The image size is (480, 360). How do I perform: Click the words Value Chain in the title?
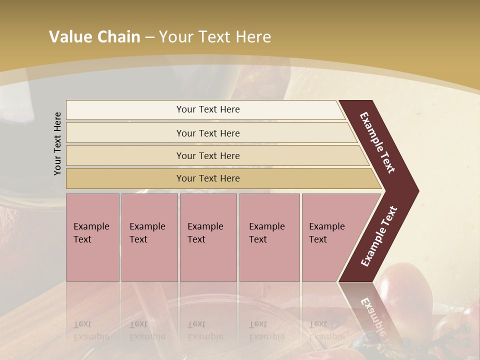(94, 37)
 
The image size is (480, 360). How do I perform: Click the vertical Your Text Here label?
(58, 143)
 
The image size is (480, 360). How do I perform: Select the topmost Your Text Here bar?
(208, 109)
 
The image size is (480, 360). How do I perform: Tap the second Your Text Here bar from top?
(208, 133)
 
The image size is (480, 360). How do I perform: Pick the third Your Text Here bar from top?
(208, 155)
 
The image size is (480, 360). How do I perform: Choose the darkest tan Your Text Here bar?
(208, 178)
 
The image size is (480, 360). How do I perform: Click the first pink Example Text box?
(92, 237)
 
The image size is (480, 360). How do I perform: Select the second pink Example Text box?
(149, 237)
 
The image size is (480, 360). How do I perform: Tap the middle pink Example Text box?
(208, 237)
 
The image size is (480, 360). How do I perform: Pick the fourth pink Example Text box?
(269, 237)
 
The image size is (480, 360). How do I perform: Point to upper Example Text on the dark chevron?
(377, 142)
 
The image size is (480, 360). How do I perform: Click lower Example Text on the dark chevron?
(379, 236)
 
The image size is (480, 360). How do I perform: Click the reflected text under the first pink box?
(91, 330)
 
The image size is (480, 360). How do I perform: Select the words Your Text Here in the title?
(215, 37)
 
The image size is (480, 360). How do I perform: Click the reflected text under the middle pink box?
(205, 330)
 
